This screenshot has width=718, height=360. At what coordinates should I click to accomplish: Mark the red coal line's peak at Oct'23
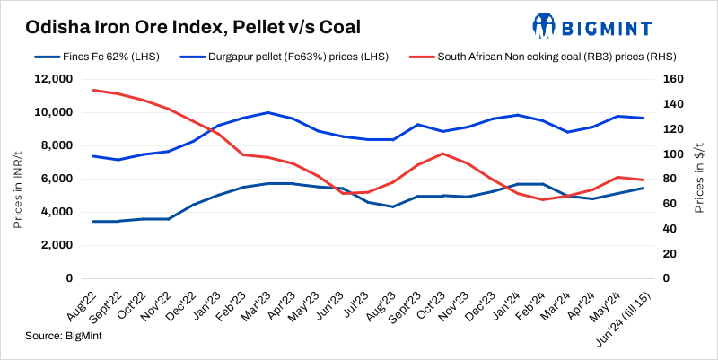click(x=443, y=154)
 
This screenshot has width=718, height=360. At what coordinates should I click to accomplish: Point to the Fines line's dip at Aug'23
click(x=393, y=206)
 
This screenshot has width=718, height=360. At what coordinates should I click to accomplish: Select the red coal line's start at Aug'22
click(x=94, y=90)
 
